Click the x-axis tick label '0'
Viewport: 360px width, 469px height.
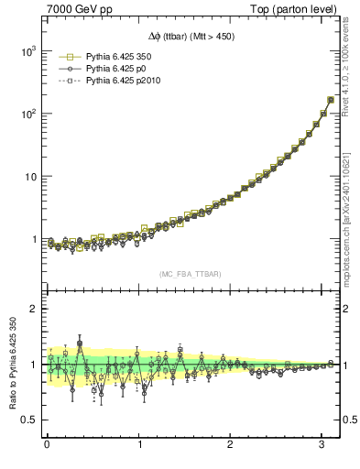click(47, 447)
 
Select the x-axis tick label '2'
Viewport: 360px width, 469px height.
click(231, 447)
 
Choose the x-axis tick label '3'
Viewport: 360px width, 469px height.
click(322, 447)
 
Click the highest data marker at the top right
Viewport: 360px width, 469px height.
click(330, 100)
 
